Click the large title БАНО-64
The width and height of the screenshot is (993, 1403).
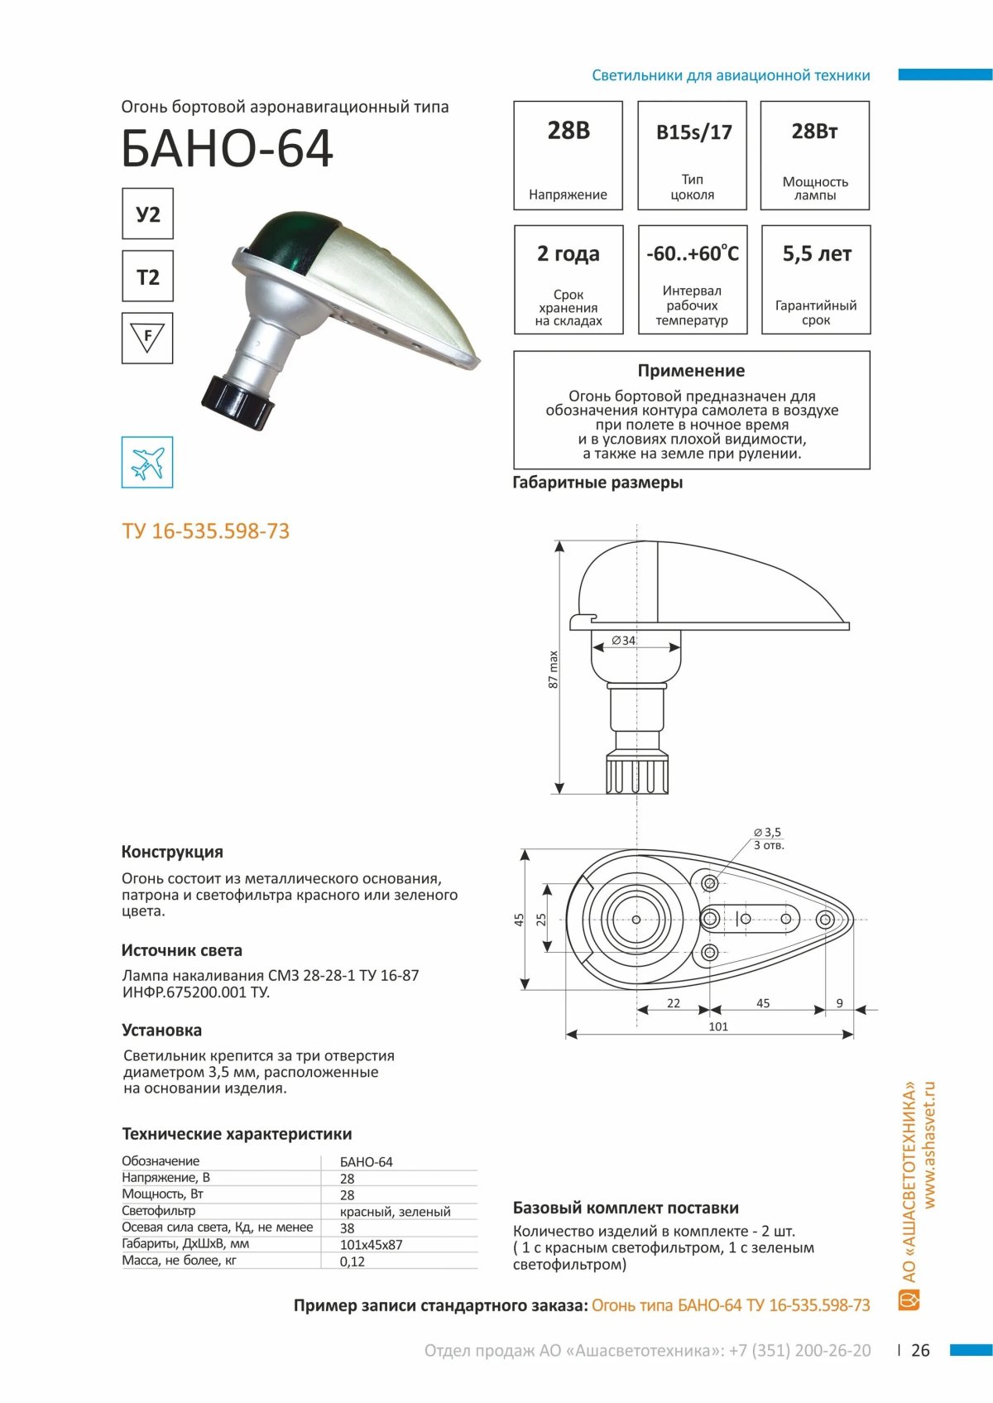pyautogui.click(x=227, y=149)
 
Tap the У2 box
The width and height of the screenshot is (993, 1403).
pyautogui.click(x=147, y=214)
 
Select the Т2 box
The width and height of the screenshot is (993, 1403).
pyautogui.click(x=147, y=276)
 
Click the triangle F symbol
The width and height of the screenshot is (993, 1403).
pyautogui.click(x=147, y=337)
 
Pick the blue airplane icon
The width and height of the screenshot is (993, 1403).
pyautogui.click(x=147, y=462)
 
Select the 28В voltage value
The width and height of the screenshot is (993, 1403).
pyautogui.click(x=568, y=131)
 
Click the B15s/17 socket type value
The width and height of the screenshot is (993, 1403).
pyautogui.click(x=693, y=132)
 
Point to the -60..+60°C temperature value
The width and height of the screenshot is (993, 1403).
pyautogui.click(x=693, y=254)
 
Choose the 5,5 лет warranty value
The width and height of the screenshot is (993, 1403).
pyautogui.click(x=816, y=254)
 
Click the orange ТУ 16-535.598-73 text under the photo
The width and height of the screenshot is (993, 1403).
pyautogui.click(x=206, y=531)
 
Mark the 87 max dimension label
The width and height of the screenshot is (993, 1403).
pyautogui.click(x=554, y=669)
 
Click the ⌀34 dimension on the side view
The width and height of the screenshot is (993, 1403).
pyautogui.click(x=624, y=640)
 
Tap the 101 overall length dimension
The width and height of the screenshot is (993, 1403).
pyautogui.click(x=718, y=1026)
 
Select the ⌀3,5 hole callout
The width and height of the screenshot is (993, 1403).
pyautogui.click(x=767, y=832)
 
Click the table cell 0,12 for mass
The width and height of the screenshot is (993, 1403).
pyautogui.click(x=353, y=1261)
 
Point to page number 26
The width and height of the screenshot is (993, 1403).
pyautogui.click(x=920, y=1350)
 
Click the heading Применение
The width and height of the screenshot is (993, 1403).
pyautogui.click(x=691, y=371)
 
